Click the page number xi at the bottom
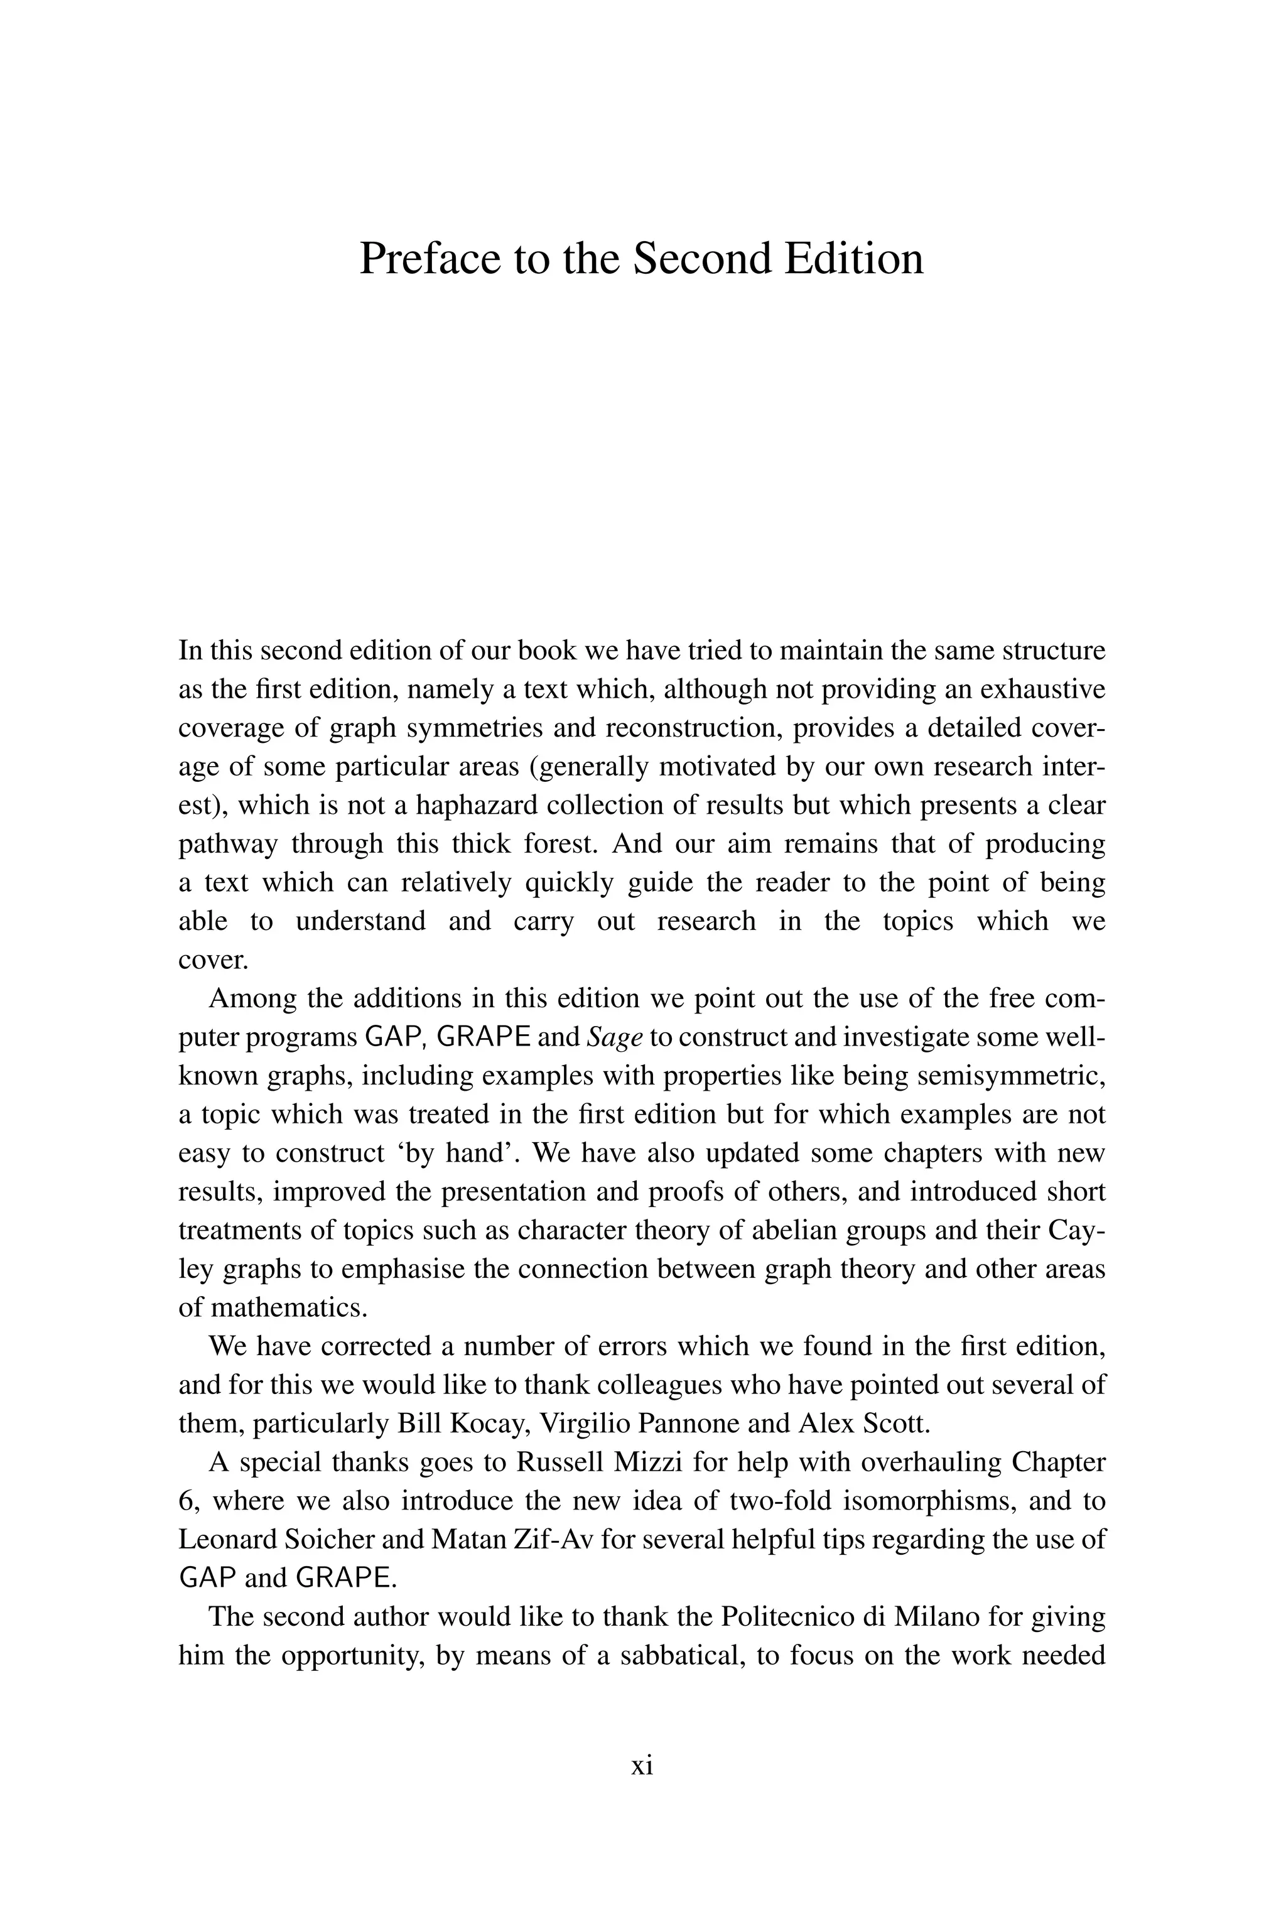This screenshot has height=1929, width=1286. tap(642, 1766)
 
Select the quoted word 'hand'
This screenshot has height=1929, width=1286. tap(482, 1153)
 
